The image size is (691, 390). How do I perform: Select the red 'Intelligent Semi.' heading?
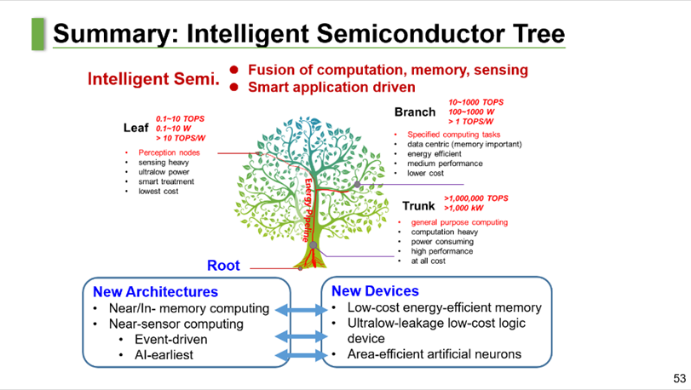point(153,79)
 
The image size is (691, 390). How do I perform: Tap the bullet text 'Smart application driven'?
point(331,86)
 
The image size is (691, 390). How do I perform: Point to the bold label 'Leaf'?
point(136,128)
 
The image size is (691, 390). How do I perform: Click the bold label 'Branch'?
point(415,112)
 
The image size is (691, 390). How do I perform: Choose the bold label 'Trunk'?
point(419,206)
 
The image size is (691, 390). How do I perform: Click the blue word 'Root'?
point(223,266)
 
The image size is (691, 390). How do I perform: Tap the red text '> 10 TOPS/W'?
point(181,138)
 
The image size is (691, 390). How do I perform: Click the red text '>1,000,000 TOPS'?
point(475,198)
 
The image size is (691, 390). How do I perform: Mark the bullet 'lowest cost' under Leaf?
point(160,191)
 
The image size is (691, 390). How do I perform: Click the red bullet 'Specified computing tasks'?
point(453,135)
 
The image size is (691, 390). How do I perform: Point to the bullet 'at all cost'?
point(428,261)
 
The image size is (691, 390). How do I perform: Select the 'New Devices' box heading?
point(375,291)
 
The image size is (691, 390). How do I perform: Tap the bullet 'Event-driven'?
point(171,339)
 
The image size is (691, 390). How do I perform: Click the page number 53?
point(679,378)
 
